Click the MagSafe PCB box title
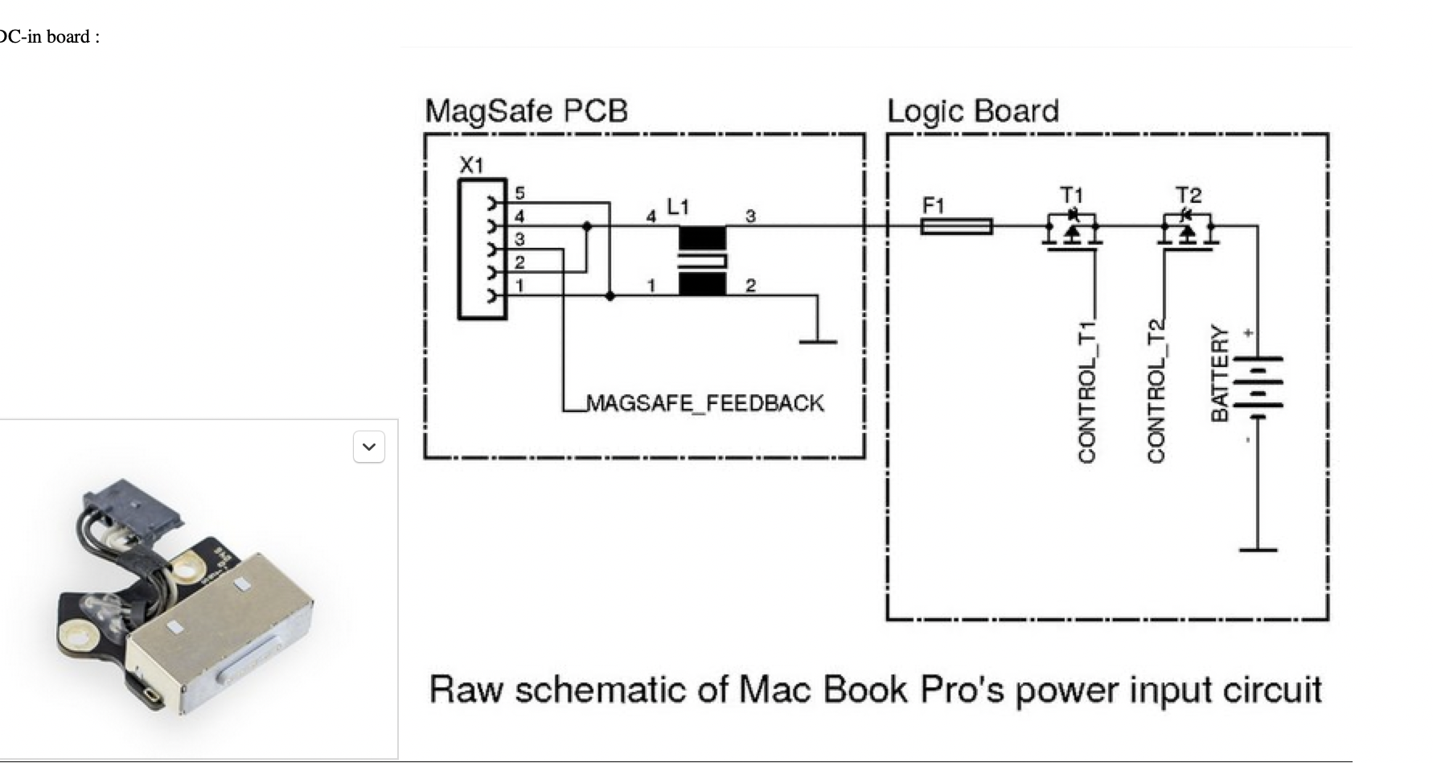(x=526, y=111)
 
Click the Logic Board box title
(x=972, y=111)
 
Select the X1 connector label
(x=472, y=166)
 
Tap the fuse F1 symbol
(x=956, y=226)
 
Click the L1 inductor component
(x=702, y=260)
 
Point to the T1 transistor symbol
(x=1073, y=230)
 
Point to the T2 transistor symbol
(x=1189, y=230)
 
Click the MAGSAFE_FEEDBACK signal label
(x=705, y=402)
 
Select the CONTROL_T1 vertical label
(x=1087, y=392)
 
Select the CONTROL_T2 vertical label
(x=1156, y=392)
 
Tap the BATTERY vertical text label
(x=1220, y=373)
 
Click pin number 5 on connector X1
(x=519, y=193)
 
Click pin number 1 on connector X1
(x=519, y=286)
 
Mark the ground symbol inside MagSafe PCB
(x=818, y=340)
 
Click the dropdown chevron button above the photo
(x=369, y=447)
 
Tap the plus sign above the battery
(x=1247, y=332)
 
